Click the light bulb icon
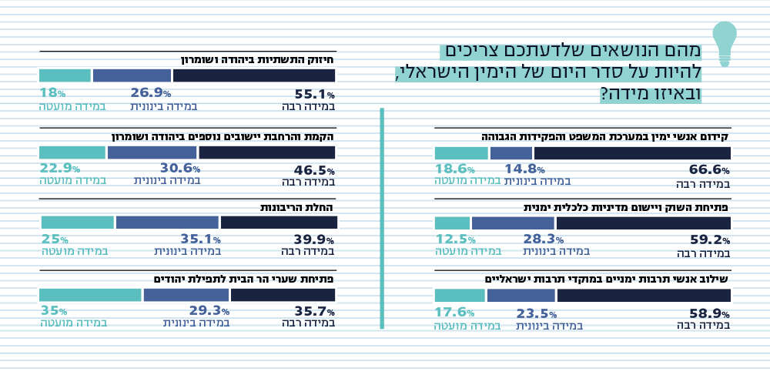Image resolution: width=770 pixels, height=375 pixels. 725,42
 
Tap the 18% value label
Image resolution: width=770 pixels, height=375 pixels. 52,92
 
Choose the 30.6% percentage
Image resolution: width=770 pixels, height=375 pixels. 179,169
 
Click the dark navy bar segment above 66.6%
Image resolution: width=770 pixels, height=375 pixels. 631,152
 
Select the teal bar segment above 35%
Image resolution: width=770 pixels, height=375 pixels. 90,295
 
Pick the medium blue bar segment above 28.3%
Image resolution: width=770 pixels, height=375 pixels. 512,223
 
